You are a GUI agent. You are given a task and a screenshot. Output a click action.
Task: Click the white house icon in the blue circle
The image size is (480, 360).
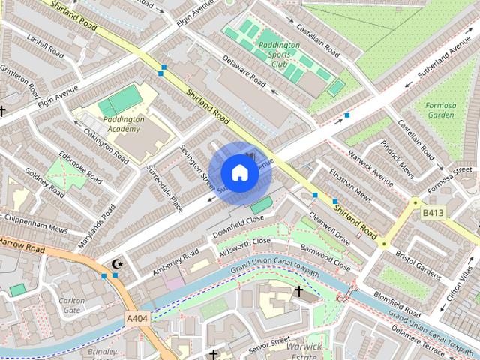pos(238,172)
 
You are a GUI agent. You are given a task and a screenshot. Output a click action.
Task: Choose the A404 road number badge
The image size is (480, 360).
pos(137,319)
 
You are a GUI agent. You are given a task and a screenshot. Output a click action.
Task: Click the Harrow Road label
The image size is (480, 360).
pos(22,244)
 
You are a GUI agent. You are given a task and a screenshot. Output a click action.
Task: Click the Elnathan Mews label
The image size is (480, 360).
pos(350,185)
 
